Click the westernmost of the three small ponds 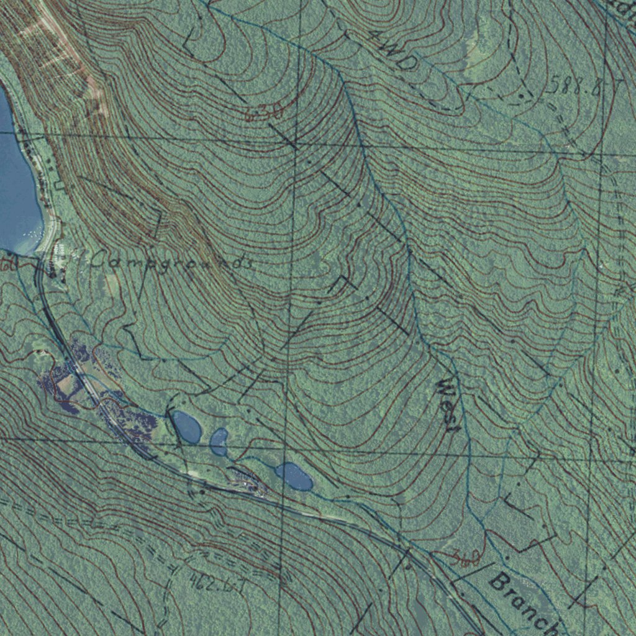[x=186, y=427]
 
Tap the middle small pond [x=219, y=442]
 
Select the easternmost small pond [x=294, y=476]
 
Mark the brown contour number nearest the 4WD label [x=265, y=113]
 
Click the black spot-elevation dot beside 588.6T [x=520, y=96]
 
